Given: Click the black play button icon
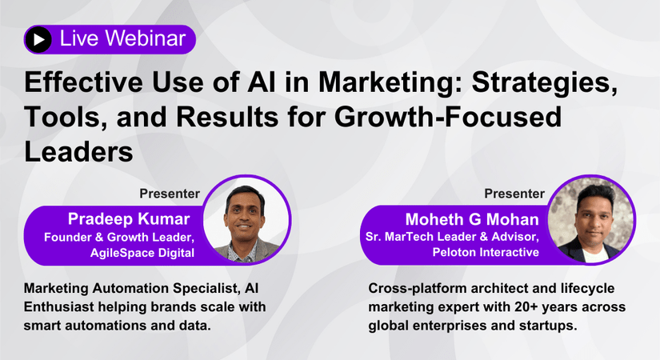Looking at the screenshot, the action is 38,39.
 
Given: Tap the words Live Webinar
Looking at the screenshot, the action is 122,38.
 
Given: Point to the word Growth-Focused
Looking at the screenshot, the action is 448,117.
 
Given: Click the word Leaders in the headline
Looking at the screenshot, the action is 78,151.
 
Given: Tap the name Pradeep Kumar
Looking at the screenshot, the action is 129,219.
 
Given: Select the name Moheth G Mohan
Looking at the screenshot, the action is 472,219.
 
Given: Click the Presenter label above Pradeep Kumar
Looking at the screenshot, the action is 170,194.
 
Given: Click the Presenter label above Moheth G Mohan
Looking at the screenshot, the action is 514,194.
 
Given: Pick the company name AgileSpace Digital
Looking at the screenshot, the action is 142,253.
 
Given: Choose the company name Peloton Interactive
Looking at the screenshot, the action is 486,252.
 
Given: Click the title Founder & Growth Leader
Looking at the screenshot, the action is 119,237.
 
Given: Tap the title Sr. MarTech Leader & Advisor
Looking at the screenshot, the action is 452,237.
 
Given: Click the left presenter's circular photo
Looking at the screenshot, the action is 247,220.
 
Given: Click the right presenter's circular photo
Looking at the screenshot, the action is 591,220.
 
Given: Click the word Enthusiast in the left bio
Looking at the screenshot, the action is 58,307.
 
